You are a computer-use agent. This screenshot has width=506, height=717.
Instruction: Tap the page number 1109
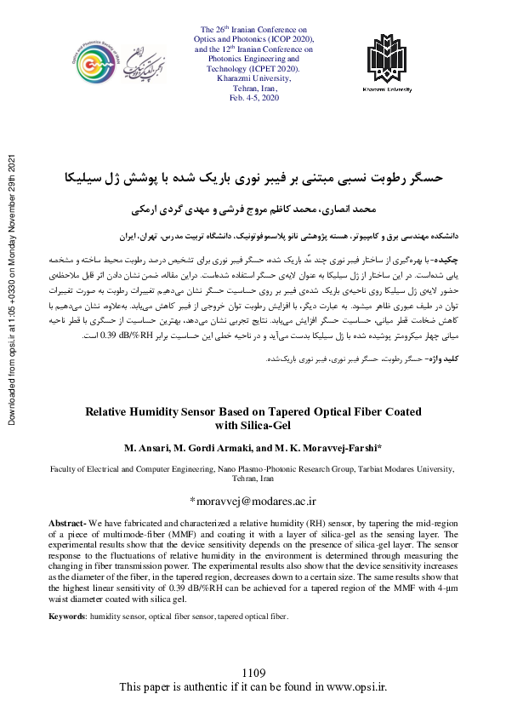click(x=253, y=674)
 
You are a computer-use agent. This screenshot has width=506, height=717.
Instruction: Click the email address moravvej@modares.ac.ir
click(x=253, y=501)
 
